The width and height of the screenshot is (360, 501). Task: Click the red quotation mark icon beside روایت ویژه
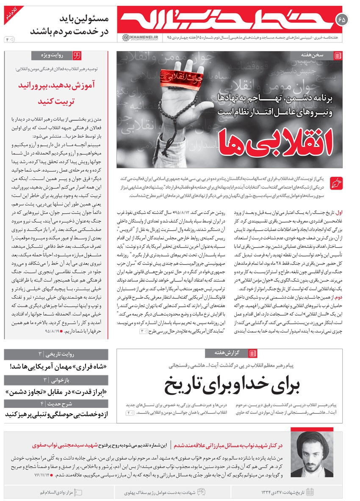pos(77,55)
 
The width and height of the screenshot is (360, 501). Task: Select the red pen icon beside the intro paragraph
pos(337,183)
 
